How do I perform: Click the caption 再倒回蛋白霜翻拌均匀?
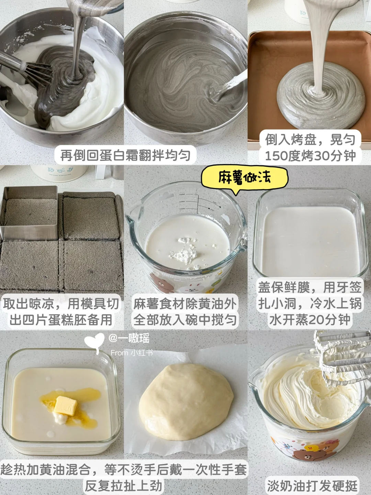point(125,155)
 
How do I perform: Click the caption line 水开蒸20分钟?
point(310,320)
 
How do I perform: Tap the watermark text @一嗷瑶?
point(129,338)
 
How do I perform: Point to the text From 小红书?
point(132,353)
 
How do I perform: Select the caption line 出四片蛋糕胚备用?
point(61,320)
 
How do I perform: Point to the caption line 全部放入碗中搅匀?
point(185,320)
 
